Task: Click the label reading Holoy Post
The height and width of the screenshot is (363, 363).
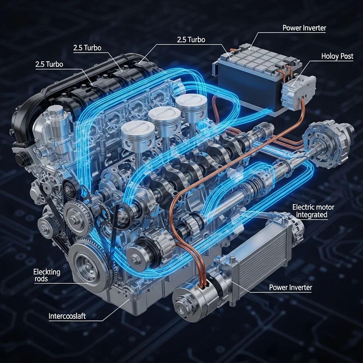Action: (x=337, y=56)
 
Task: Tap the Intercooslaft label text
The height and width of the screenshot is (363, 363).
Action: (x=67, y=316)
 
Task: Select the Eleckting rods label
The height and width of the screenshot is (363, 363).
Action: (x=47, y=275)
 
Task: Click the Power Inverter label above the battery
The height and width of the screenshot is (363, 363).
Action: (x=304, y=28)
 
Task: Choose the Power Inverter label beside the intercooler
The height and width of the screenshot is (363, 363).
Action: (x=291, y=287)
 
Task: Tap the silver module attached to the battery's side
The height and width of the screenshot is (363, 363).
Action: (x=298, y=91)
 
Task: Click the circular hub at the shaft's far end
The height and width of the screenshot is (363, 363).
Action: (x=329, y=144)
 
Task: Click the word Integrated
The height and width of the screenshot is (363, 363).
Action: (x=312, y=214)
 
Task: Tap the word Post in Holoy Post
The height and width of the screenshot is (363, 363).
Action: (x=346, y=56)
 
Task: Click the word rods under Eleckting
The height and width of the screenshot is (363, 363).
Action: (x=41, y=279)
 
